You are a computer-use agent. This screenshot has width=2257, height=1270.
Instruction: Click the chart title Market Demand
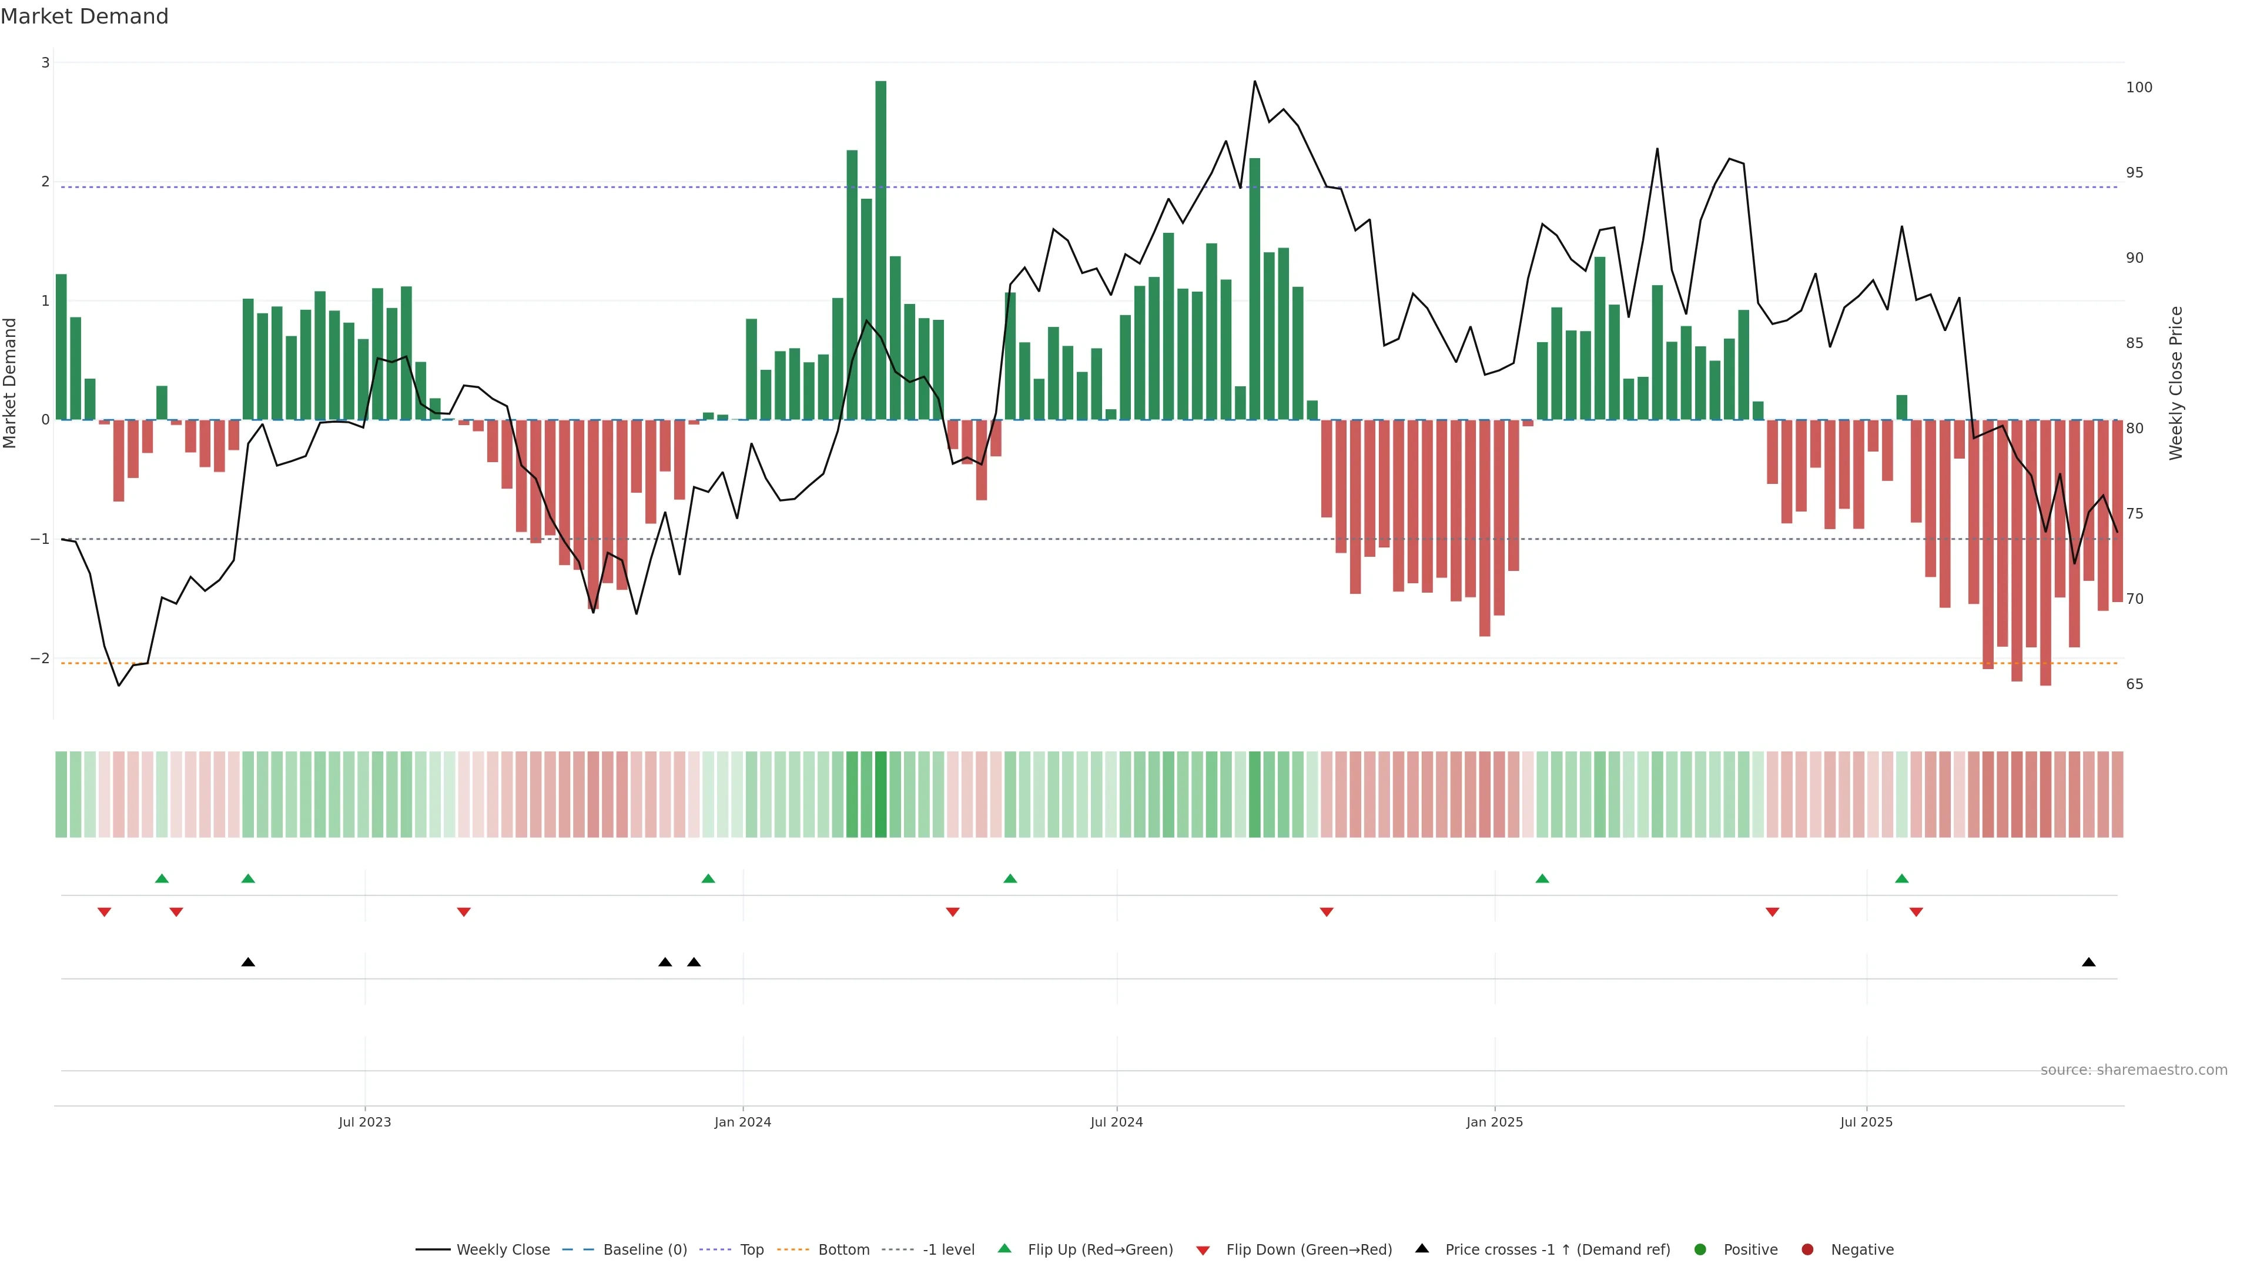point(84,16)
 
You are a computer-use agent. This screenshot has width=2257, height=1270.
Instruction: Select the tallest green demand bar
point(880,250)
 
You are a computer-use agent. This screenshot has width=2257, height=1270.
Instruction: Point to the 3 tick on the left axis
point(46,63)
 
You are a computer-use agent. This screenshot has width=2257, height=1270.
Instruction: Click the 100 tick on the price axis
point(2139,88)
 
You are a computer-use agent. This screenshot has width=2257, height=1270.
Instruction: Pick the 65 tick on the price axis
point(2134,684)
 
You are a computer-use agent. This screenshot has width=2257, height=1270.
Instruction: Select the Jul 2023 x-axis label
point(364,1122)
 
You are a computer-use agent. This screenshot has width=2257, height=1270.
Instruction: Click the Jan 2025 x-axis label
point(1495,1122)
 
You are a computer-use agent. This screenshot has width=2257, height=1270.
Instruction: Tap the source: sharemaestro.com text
point(2134,1070)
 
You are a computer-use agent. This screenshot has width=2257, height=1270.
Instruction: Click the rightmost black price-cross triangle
point(2089,962)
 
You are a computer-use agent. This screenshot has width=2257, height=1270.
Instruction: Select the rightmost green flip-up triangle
point(1901,878)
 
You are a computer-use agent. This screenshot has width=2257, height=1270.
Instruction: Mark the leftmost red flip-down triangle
point(104,913)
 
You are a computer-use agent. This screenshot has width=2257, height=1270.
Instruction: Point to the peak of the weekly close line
point(1255,82)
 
